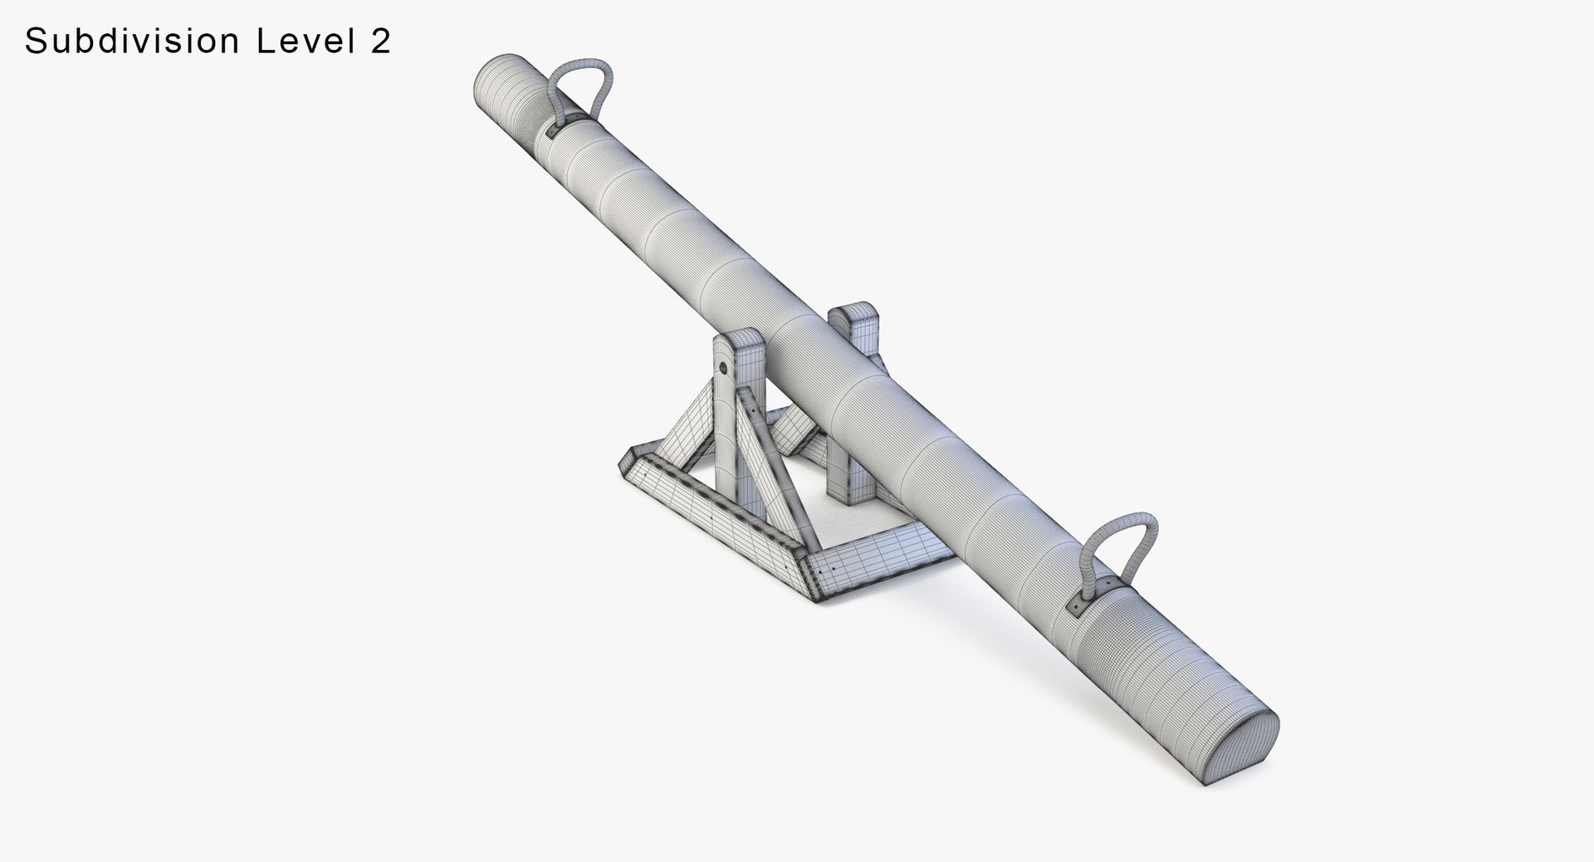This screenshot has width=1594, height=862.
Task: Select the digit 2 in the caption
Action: (379, 42)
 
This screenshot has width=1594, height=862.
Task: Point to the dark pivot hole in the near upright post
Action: (723, 366)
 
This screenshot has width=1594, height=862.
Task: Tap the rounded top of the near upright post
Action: (739, 340)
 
